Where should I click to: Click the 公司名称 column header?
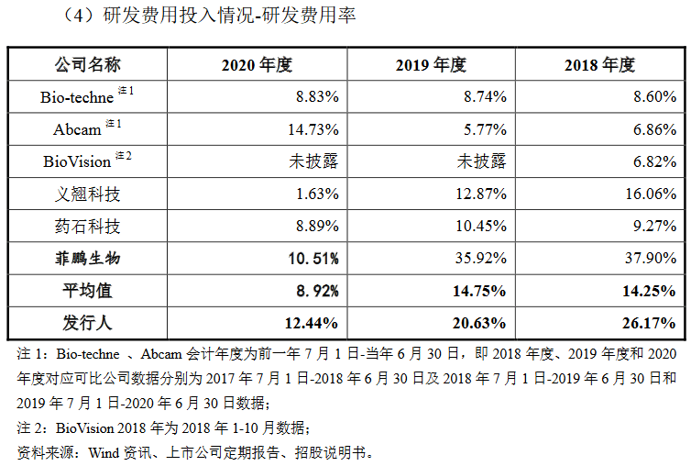(87, 65)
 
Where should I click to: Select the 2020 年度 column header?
(257, 65)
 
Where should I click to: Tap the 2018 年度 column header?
(599, 65)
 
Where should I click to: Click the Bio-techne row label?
(77, 97)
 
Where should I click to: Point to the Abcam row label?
(77, 129)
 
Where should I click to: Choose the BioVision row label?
(77, 161)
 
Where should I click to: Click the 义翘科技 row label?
(87, 194)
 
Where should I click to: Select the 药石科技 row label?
(87, 226)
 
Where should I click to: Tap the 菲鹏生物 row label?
(87, 258)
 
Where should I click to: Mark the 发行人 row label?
(87, 323)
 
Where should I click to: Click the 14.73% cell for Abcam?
(313, 129)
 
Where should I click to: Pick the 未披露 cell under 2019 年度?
(481, 161)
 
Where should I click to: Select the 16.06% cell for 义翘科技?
(651, 194)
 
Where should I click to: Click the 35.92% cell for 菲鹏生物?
(481, 258)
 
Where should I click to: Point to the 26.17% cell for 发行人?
(649, 323)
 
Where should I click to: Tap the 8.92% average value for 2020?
(317, 291)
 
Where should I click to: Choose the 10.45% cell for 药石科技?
(481, 226)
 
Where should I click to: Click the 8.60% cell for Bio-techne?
(655, 96)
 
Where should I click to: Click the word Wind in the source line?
(104, 453)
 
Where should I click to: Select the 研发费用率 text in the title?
(309, 16)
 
